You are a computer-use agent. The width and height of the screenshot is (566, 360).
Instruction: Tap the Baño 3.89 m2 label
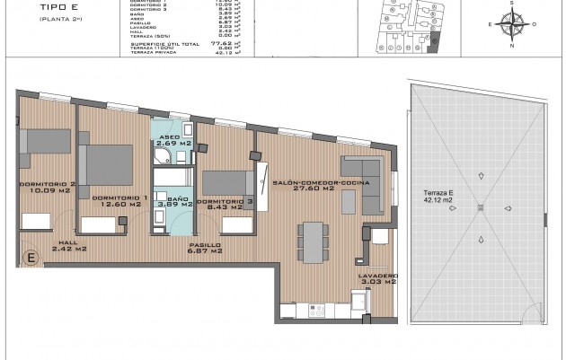pyautogui.click(x=176, y=202)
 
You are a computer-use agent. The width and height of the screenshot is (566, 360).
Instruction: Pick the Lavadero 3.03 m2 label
pyautogui.click(x=376, y=278)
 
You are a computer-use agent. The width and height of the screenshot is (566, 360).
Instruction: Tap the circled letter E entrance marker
pyautogui.click(x=32, y=259)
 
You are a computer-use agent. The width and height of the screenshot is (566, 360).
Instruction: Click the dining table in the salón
pyautogui.click(x=312, y=236)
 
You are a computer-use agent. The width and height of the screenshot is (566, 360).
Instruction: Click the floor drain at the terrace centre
pyautogui.click(x=481, y=208)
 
